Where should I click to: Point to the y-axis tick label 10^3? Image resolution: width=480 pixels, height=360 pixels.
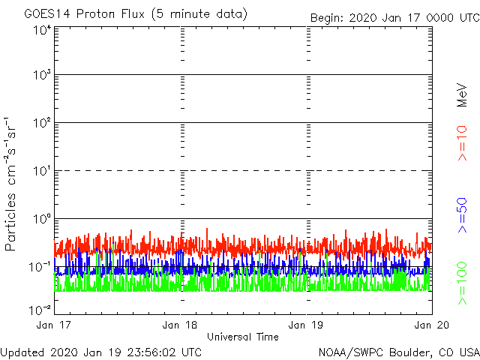tap(41, 76)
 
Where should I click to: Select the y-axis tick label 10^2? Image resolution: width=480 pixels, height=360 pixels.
tap(41, 124)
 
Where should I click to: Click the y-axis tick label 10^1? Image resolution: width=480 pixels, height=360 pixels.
tap(41, 172)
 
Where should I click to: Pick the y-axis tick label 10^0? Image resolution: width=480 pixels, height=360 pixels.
tap(41, 220)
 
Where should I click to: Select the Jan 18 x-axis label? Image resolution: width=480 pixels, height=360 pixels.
tap(181, 325)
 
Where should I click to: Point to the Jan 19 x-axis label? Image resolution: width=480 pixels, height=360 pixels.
tap(307, 325)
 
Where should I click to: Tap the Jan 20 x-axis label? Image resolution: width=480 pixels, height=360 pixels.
tap(431, 325)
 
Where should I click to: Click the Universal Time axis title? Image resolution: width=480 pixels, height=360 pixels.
tap(243, 337)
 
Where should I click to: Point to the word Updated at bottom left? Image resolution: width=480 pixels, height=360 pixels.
tap(23, 352)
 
